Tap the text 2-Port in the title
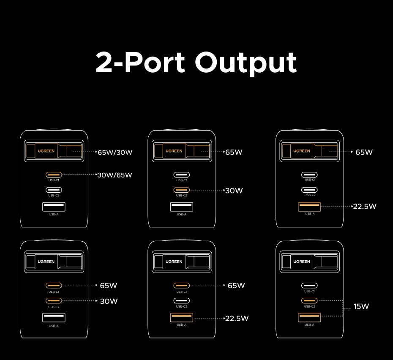140,62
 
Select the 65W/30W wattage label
115,152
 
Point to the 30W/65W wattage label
115,175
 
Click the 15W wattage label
361,306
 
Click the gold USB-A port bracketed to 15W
309,317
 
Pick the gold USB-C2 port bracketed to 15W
309,300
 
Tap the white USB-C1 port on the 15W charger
309,285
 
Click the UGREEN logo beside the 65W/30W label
46,151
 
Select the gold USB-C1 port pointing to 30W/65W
54,175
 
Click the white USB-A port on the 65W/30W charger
54,207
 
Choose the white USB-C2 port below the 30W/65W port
54,190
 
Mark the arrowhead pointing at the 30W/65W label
96,175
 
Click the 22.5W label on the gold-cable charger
365,207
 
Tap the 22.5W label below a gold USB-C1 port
237,319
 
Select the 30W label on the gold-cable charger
234,191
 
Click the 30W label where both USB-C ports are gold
109,301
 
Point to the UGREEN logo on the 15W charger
302,262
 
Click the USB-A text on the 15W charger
309,325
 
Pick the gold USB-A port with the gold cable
309,207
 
